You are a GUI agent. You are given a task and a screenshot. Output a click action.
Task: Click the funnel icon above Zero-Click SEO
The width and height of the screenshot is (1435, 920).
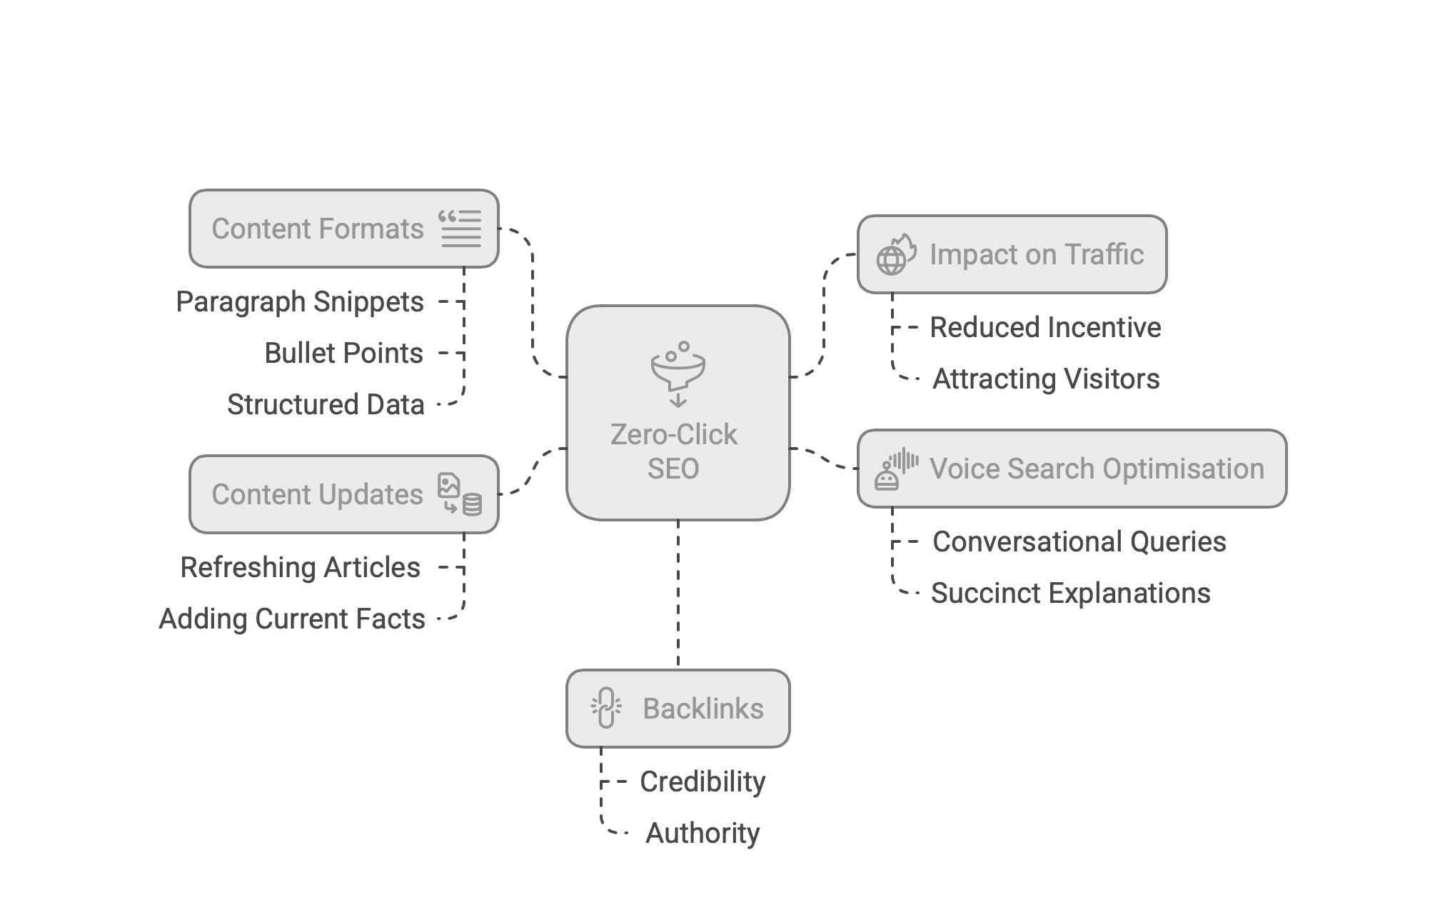click(x=678, y=374)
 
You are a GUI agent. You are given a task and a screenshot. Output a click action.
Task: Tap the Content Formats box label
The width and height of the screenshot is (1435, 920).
click(x=318, y=229)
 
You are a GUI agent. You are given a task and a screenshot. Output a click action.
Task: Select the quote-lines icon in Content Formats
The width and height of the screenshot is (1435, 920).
click(x=460, y=229)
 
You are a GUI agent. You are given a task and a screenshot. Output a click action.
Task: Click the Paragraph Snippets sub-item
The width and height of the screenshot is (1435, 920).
click(x=300, y=302)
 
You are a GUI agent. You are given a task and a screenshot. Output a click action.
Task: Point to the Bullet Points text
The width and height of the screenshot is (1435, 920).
click(x=343, y=354)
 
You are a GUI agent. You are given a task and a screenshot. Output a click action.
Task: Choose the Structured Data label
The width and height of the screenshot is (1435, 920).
click(x=326, y=405)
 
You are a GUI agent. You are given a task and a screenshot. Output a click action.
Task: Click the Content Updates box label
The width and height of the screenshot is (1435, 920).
click(x=318, y=495)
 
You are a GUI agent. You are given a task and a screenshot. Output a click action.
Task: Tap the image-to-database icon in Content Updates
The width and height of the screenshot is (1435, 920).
click(x=460, y=494)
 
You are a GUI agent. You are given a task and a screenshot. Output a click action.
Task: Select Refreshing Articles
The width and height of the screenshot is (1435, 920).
click(x=300, y=568)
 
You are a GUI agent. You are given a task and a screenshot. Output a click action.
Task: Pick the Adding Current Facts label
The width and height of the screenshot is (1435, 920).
click(x=291, y=619)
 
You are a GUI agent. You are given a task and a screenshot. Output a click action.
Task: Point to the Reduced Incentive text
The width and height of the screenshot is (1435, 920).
click(x=1045, y=328)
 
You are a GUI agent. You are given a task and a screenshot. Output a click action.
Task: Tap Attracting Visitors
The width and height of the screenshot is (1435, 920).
click(x=1046, y=379)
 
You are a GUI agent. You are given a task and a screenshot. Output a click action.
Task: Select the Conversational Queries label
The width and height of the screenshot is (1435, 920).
click(x=1079, y=542)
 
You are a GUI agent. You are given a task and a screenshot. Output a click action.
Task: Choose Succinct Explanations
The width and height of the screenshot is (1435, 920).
click(x=1070, y=594)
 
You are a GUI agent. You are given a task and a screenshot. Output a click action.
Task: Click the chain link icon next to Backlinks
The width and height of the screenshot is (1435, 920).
click(x=606, y=709)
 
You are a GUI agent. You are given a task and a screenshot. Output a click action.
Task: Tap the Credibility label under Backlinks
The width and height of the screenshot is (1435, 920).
click(x=703, y=782)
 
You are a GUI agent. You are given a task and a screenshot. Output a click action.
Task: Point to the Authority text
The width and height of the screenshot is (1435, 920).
click(x=703, y=834)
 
